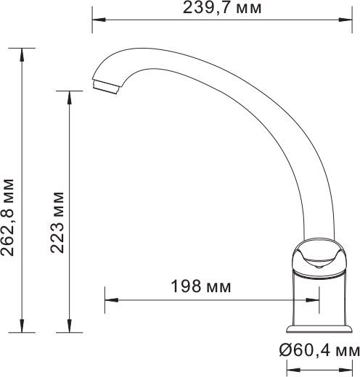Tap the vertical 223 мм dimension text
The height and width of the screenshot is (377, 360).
tap(58, 220)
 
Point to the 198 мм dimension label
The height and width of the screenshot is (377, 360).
tap(201, 286)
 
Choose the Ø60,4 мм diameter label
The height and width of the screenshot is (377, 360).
tap(319, 352)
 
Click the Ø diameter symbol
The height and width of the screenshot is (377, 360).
tap(285, 352)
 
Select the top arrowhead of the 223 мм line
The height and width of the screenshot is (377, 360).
tap(69, 94)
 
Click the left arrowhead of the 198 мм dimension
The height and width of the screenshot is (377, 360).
tap(110, 297)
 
